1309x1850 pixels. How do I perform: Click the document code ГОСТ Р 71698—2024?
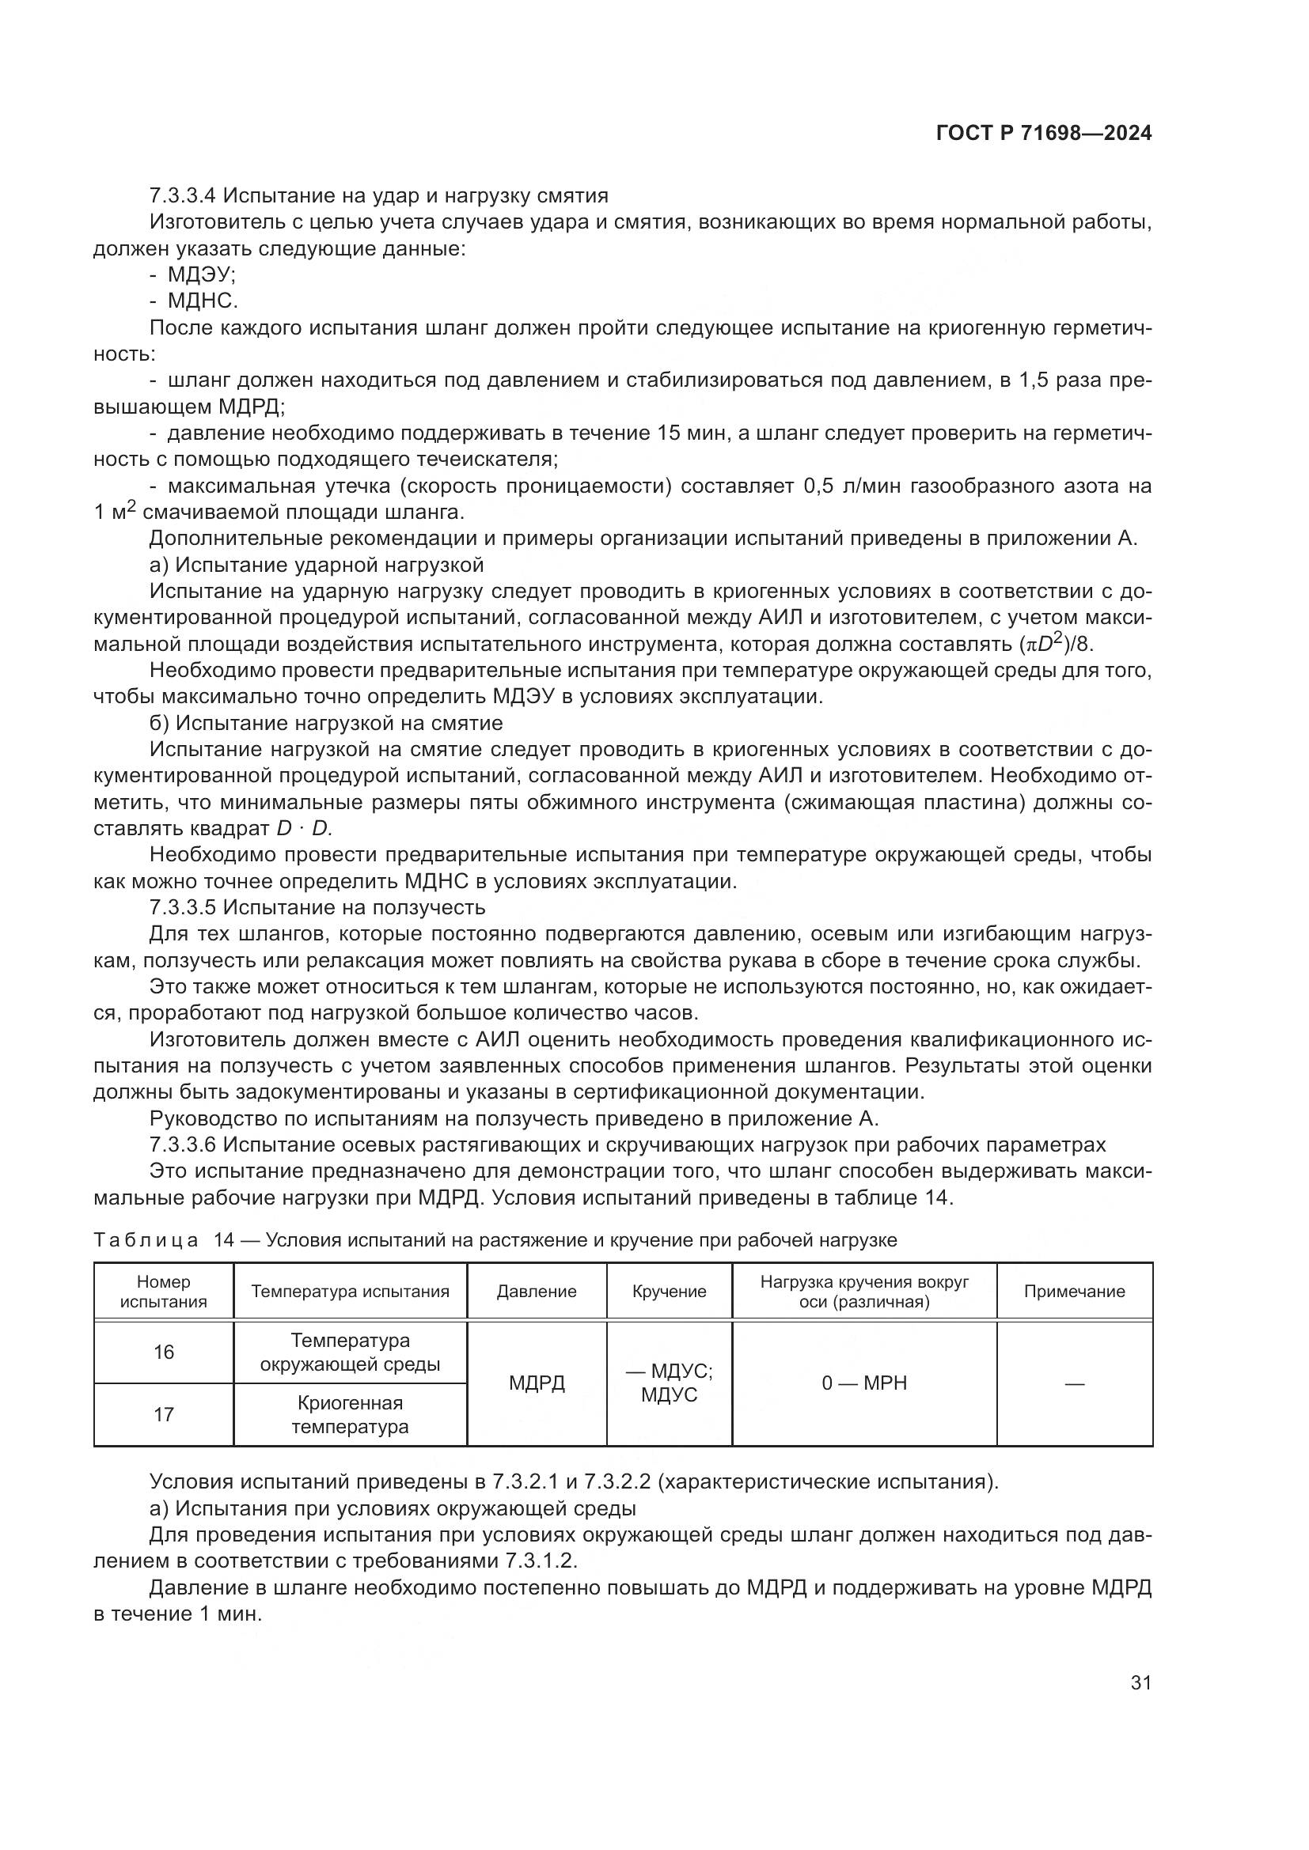1044,134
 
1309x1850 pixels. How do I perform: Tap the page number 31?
1140,1682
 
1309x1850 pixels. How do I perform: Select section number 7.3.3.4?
183,196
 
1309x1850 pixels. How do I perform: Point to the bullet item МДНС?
203,301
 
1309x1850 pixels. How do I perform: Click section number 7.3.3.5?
183,907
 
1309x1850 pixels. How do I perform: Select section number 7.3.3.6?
183,1144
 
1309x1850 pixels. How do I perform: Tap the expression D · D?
304,828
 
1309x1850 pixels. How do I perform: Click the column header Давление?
536,1292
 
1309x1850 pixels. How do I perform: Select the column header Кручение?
669,1292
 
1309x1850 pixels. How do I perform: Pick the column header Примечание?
1074,1292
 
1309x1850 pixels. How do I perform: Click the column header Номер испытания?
164,1292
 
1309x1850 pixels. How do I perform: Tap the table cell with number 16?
164,1352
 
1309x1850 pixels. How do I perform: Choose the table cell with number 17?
164,1415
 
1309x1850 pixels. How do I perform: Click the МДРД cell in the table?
536,1383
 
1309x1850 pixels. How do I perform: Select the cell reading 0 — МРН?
864,1383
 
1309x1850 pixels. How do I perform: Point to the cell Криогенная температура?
350,1415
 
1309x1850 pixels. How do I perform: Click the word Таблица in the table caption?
145,1240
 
